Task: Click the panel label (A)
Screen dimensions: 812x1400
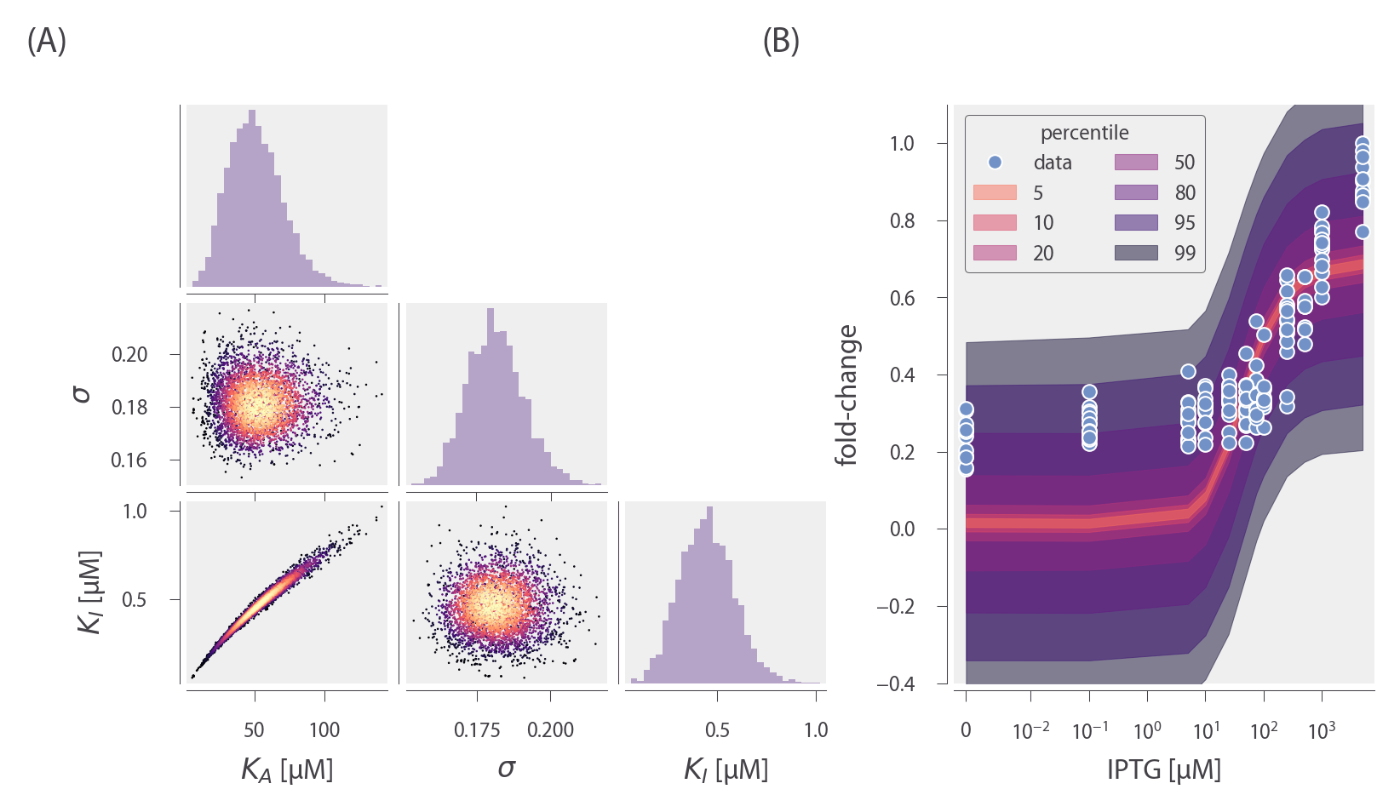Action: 47,41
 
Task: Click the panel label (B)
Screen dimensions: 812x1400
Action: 781,41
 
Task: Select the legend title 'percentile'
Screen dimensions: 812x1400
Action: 1084,133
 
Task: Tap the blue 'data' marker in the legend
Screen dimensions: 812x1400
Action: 995,163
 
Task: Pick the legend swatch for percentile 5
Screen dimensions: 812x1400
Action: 995,193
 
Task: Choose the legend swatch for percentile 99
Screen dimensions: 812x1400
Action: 1136,253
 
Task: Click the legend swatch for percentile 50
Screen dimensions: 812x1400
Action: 1136,163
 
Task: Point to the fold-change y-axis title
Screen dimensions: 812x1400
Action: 846,395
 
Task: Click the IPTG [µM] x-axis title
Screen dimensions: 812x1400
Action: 1163,769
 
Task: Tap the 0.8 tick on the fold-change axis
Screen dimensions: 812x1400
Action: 902,220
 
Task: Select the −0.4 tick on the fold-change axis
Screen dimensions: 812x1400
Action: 896,683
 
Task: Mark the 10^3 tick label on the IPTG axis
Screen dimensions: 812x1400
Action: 1322,730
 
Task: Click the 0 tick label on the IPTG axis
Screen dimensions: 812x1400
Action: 966,730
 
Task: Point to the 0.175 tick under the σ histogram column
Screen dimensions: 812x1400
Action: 478,730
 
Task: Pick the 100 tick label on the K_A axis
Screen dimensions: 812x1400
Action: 324,730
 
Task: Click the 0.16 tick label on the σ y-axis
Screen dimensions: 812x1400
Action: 129,460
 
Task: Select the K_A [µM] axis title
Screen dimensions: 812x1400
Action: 287,770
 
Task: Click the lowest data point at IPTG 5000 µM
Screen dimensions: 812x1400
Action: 1363,232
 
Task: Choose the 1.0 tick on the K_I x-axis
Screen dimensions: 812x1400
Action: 816,730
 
